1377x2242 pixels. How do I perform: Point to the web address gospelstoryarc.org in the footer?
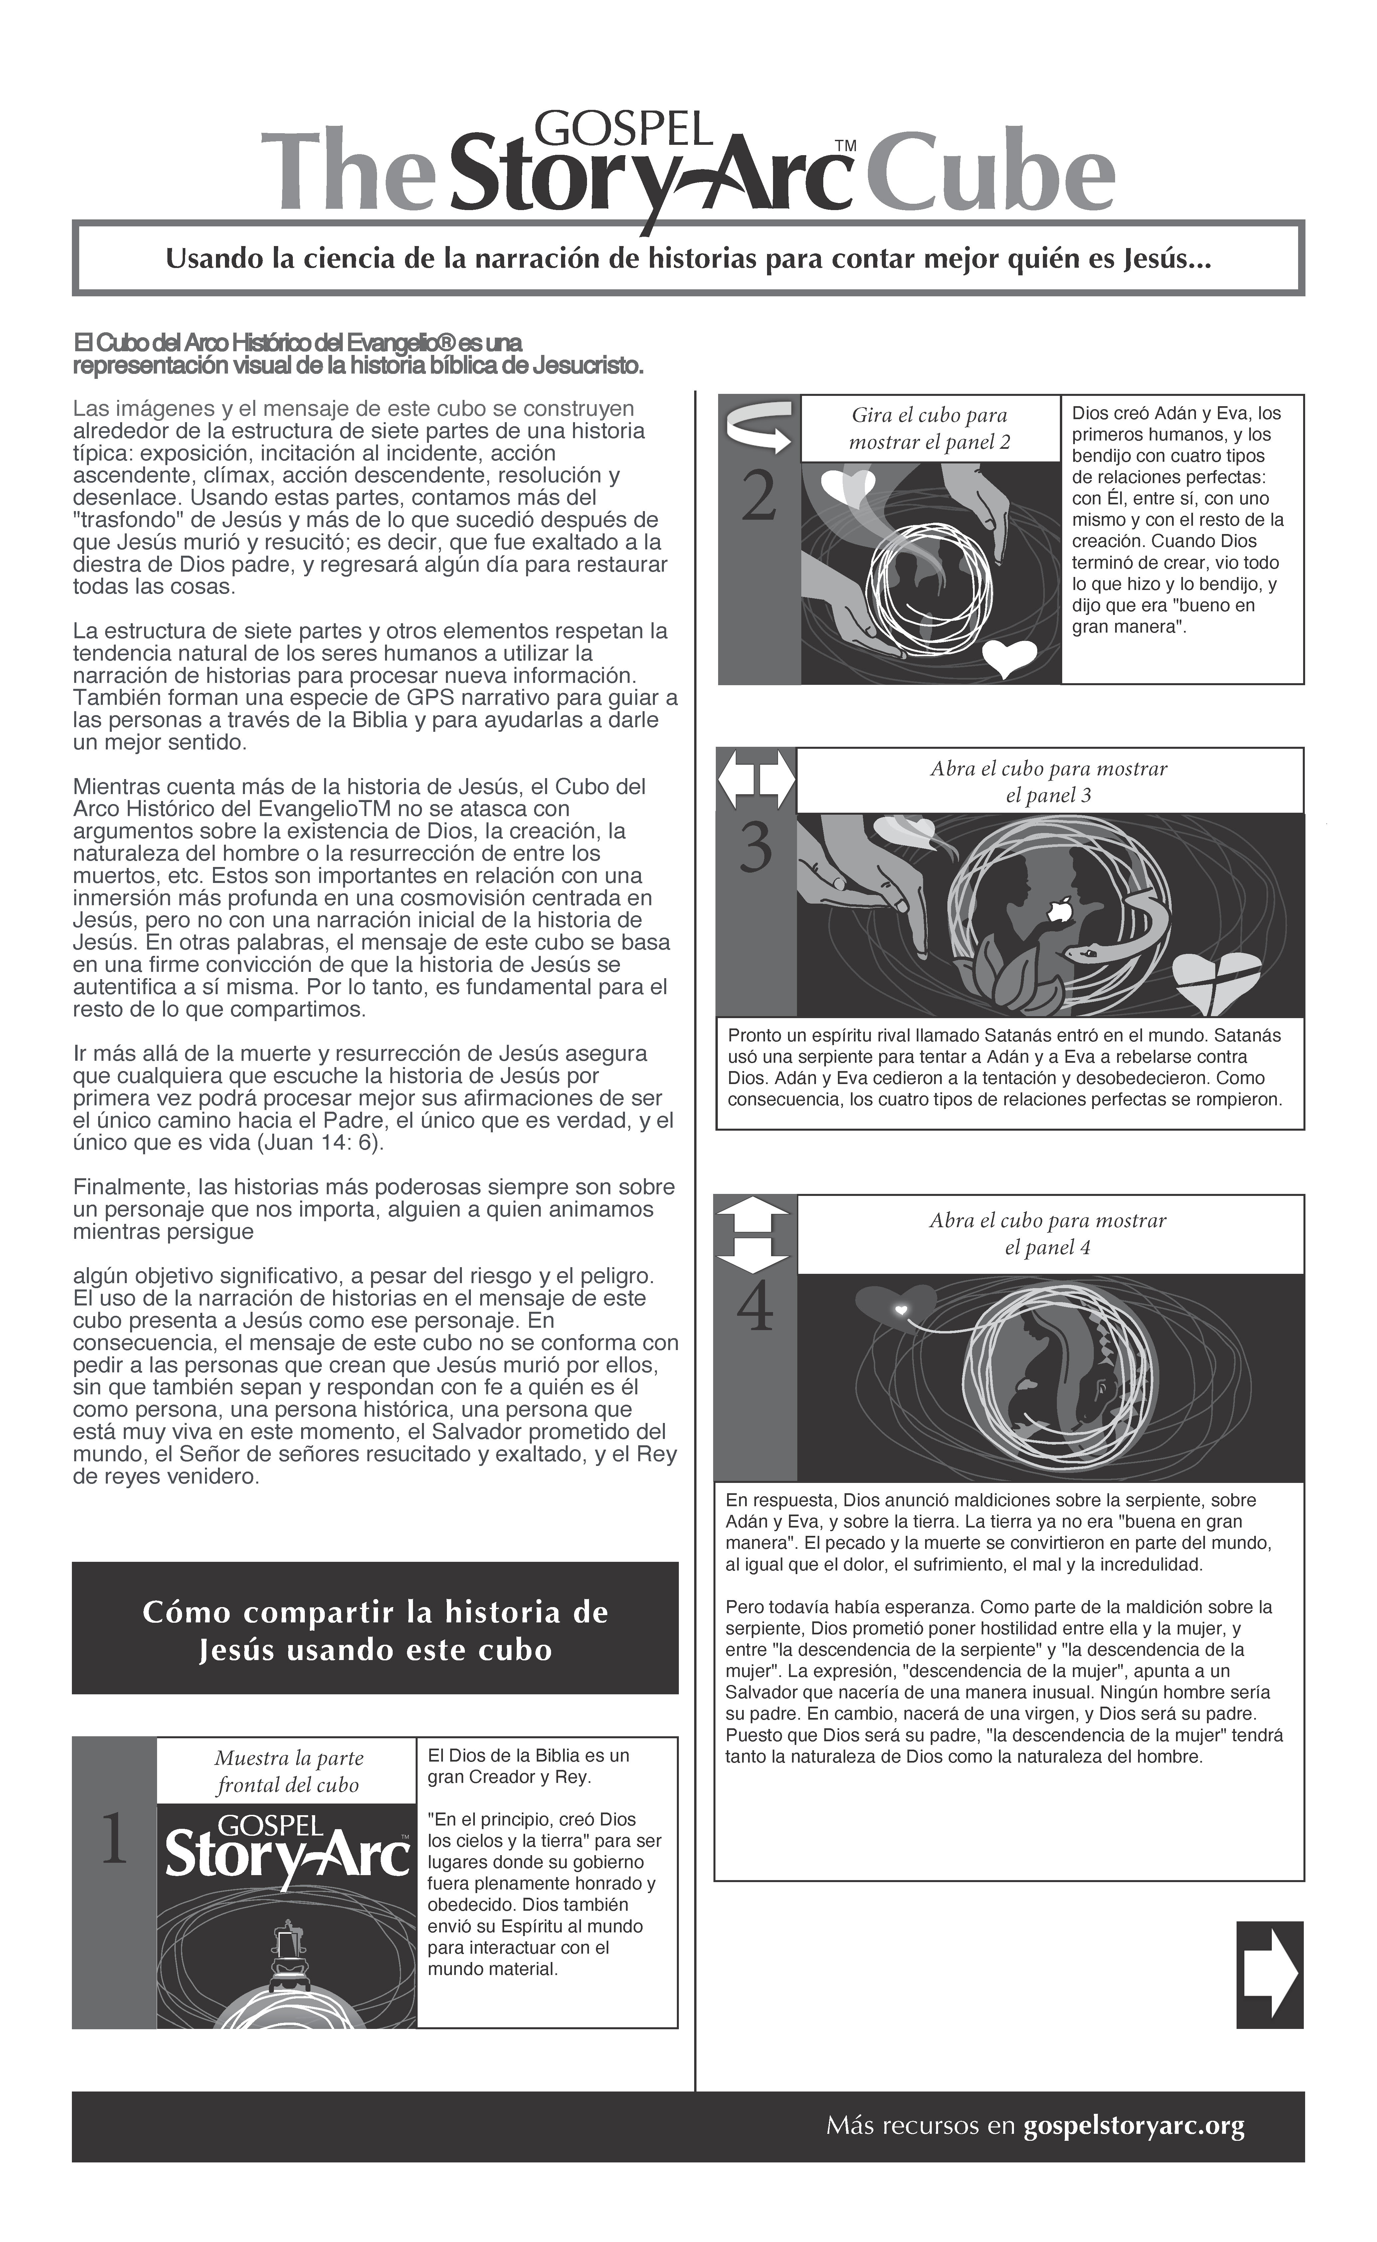coord(1134,2125)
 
